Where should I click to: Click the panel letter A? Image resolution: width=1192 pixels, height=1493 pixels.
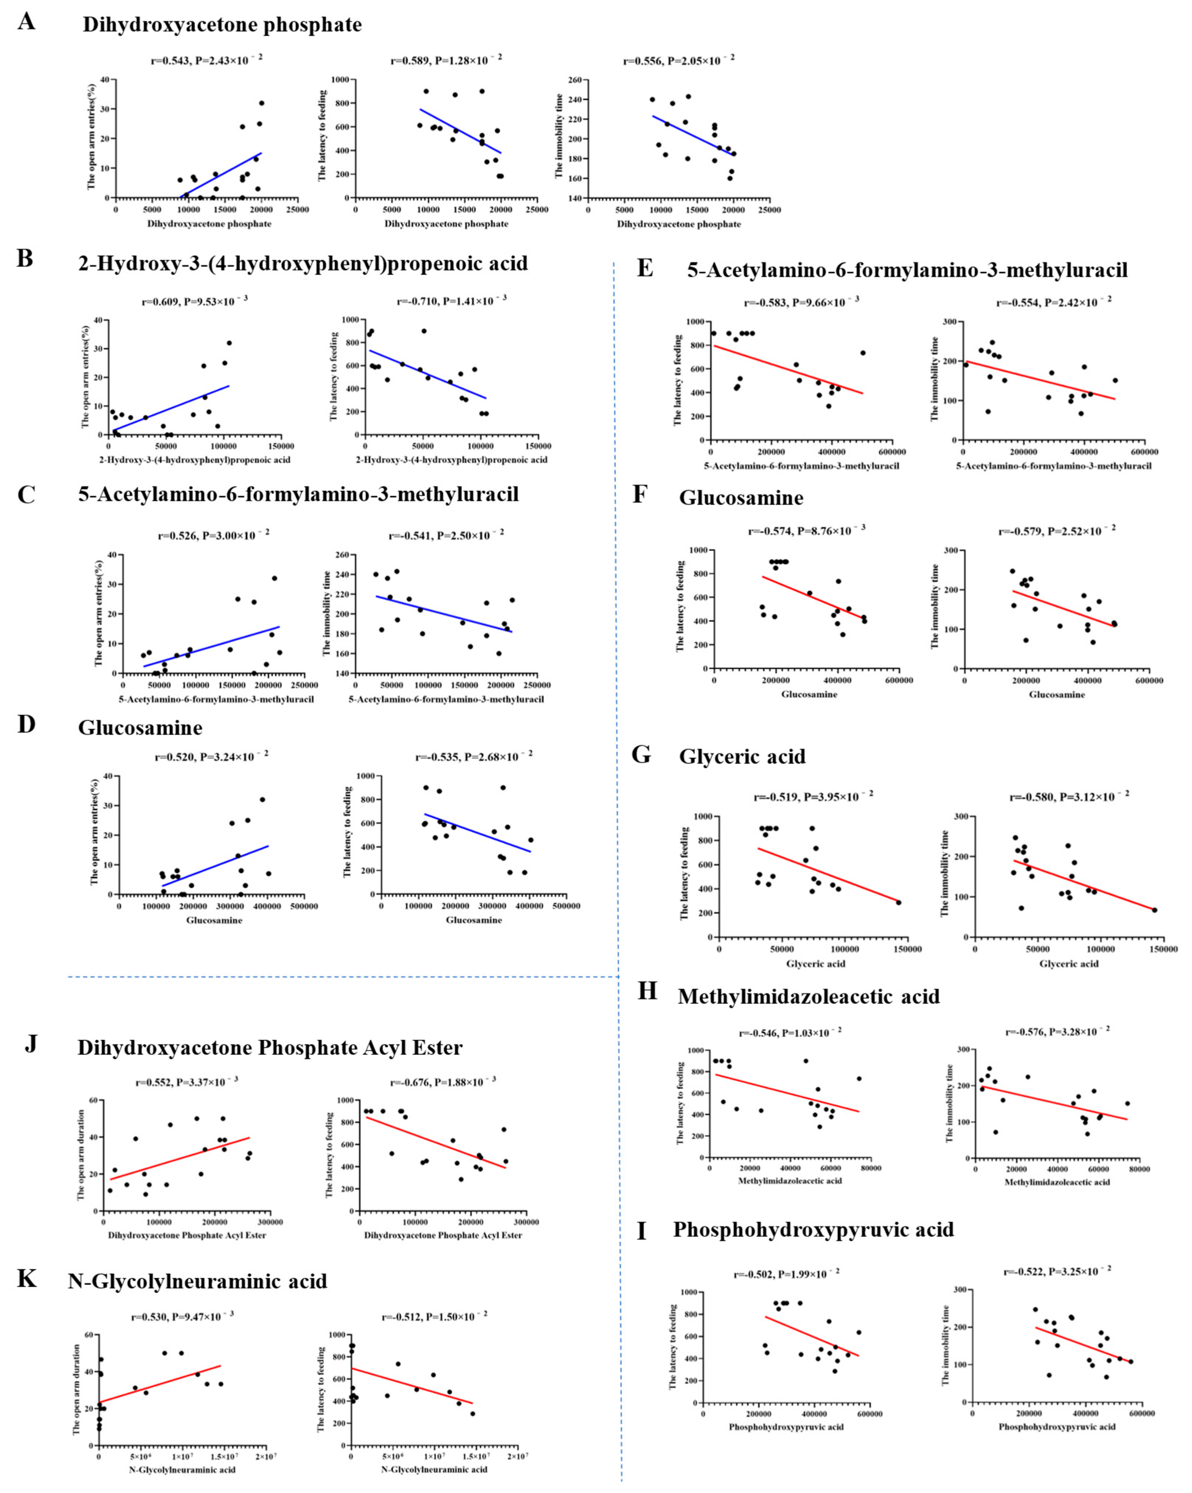pos(26,22)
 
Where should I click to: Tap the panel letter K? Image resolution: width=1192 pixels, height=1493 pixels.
pos(26,1278)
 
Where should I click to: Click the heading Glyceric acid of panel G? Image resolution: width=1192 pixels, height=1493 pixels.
pos(742,756)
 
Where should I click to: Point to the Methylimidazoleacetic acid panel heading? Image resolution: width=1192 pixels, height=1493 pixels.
pos(809,996)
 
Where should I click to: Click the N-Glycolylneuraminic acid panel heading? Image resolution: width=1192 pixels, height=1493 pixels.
pos(197,1281)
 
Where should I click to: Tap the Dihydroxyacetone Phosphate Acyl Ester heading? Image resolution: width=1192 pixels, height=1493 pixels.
pos(270,1048)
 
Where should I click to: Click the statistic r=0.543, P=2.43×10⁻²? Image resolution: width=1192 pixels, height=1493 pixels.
pos(206,60)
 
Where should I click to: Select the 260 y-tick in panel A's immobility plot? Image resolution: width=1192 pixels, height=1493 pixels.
pos(575,80)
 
